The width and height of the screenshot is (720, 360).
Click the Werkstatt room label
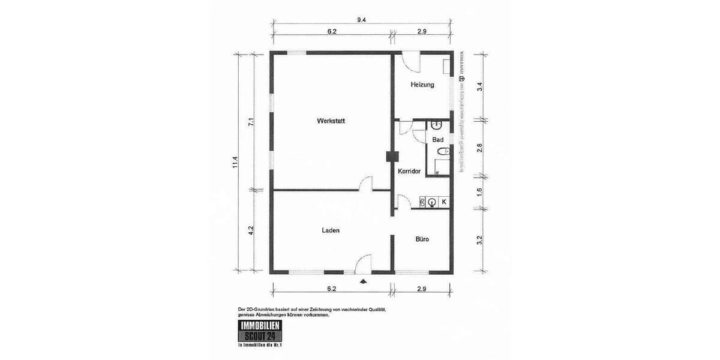[x=331, y=121]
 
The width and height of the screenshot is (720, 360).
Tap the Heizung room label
[x=422, y=85]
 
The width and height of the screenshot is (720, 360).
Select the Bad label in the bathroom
[x=437, y=139]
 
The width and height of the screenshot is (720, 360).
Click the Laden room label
[x=331, y=230]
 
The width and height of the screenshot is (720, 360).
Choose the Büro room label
[x=422, y=239]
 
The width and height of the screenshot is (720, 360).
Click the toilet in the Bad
[x=442, y=152]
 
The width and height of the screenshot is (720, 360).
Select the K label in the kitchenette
[x=444, y=202]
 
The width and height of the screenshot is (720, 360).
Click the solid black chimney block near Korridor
[x=392, y=156]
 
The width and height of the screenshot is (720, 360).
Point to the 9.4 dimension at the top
[x=361, y=20]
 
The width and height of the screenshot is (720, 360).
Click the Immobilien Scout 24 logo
[x=259, y=332]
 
